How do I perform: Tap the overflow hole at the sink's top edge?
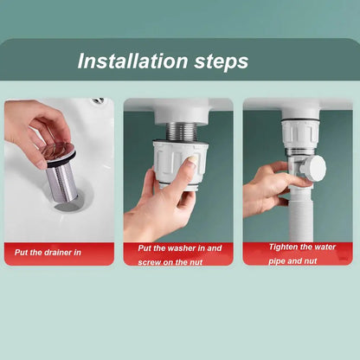click(98, 101)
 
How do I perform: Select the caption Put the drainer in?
click(47, 254)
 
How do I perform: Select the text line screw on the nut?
click(170, 260)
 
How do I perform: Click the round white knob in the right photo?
click(315, 168)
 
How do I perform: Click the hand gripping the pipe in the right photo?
click(265, 186)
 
